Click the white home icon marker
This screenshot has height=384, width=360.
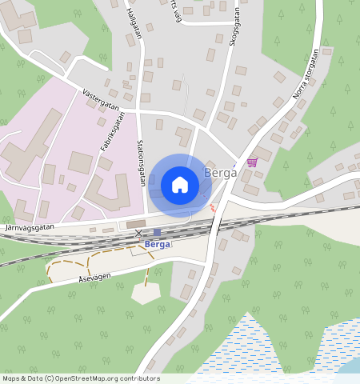point(180,185)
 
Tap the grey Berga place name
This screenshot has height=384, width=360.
point(219,173)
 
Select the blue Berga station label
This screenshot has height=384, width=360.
point(158,244)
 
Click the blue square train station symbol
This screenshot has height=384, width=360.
point(157,233)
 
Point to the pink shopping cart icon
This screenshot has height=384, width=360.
point(253,162)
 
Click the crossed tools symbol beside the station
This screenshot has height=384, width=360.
point(139,234)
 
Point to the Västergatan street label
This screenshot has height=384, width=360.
point(101,100)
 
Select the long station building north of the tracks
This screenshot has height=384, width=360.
point(136,224)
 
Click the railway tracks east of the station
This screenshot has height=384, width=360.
point(288,214)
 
